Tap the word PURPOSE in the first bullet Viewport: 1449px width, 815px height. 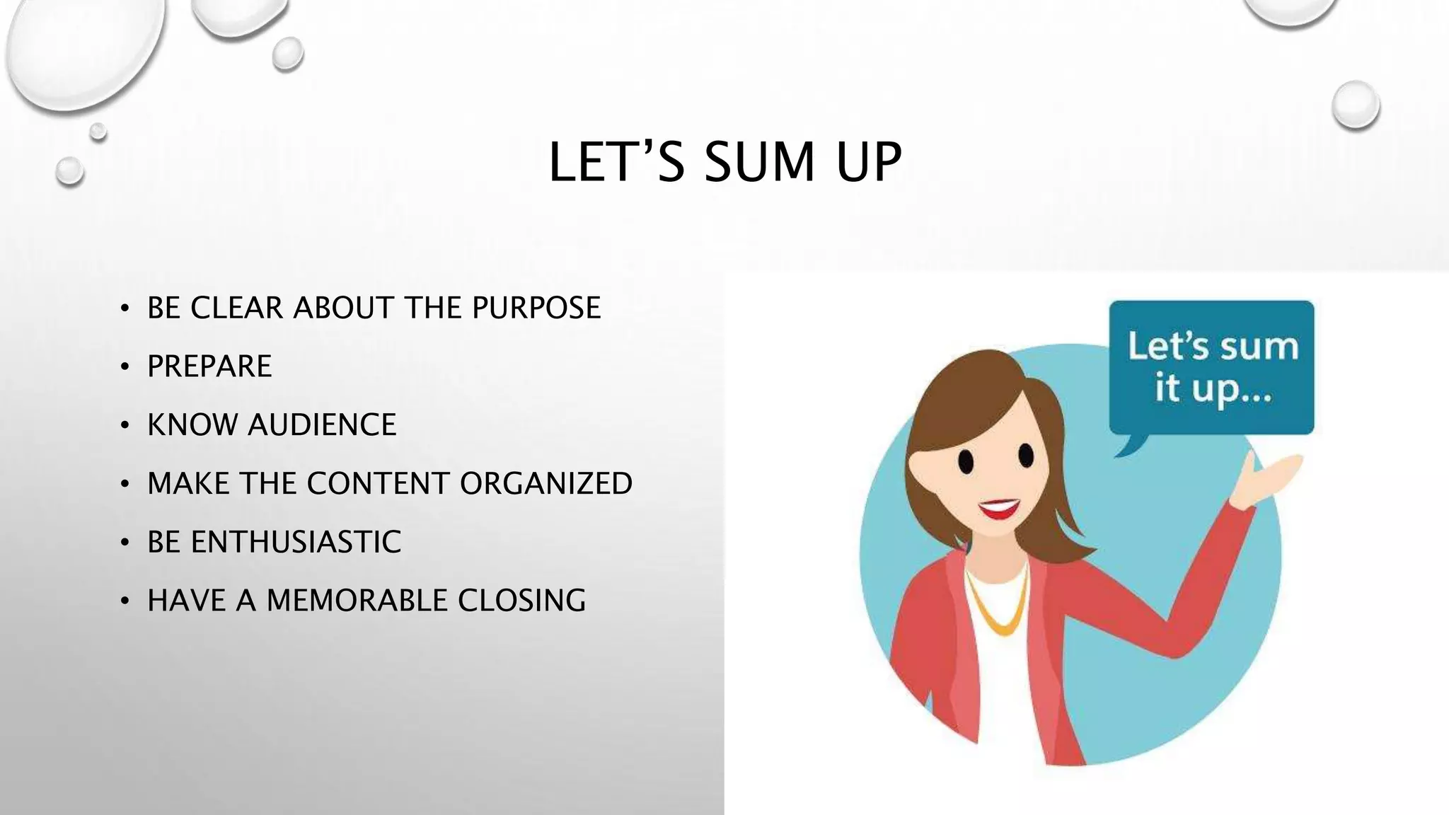tap(536, 308)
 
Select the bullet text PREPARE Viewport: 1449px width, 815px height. tap(209, 366)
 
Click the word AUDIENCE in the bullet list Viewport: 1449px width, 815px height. tap(322, 425)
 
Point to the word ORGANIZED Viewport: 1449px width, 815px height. tap(546, 484)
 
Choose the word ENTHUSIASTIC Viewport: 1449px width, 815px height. tap(296, 543)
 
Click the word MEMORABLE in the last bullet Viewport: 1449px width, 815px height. tap(357, 601)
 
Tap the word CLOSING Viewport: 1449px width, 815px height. tap(521, 601)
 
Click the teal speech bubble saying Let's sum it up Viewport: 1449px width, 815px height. tap(1211, 368)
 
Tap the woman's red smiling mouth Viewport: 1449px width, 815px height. tap(998, 508)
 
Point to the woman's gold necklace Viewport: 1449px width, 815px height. tap(998, 608)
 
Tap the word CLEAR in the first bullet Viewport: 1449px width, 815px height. tap(237, 308)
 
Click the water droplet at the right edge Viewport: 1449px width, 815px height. tap(1355, 105)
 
